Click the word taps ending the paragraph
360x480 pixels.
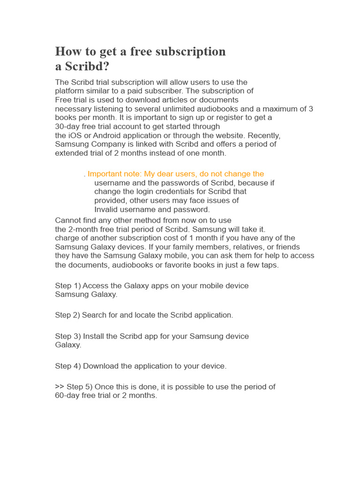click(269, 265)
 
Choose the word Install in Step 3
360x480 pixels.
click(92, 337)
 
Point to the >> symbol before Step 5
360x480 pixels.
click(60, 387)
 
